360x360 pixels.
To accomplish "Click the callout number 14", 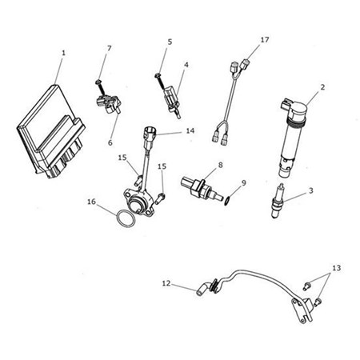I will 189,130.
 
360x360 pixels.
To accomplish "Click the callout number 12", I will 166,282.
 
